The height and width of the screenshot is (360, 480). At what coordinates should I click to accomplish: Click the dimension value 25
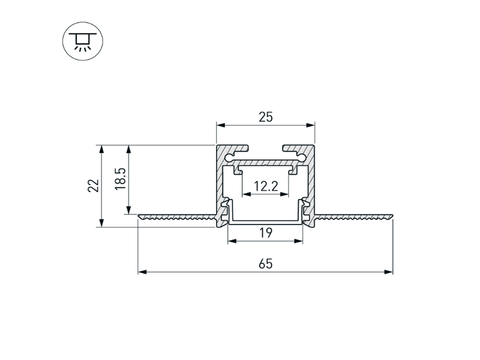pos(265,117)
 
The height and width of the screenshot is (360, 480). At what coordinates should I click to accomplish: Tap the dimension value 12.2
pos(265,186)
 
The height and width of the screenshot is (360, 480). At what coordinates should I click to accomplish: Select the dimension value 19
pos(265,233)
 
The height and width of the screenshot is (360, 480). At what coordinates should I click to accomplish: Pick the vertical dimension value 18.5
pos(119,179)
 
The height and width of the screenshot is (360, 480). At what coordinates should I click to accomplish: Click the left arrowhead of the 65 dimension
pos(142,272)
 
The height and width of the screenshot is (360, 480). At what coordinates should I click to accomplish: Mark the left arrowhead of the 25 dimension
pos(220,125)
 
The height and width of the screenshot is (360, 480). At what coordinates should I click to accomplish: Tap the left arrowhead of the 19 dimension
pos(232,241)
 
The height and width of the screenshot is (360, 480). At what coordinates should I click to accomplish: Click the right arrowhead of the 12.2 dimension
pos(286,194)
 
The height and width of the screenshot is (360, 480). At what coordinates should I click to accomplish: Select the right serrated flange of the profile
pos(354,217)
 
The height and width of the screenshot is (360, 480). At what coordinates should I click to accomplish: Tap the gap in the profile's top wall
pos(265,148)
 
